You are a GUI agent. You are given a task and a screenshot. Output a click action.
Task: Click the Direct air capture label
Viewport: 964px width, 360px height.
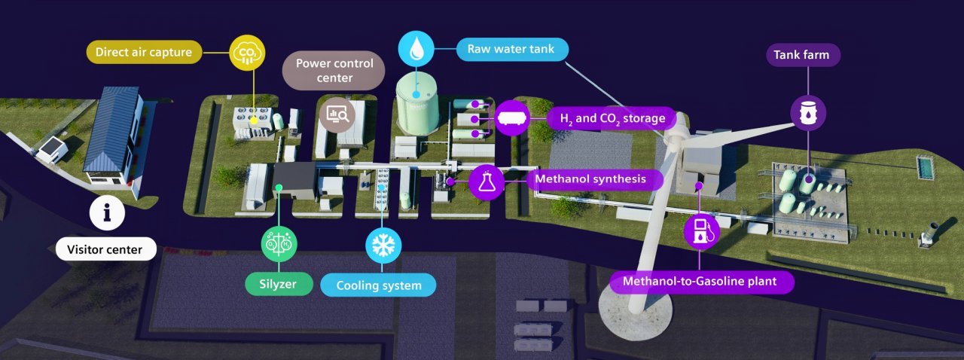tap(144, 52)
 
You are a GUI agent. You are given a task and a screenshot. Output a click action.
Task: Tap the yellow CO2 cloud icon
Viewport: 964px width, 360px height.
tap(247, 53)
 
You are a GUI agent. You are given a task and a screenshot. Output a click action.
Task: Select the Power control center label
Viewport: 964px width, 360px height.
tap(334, 71)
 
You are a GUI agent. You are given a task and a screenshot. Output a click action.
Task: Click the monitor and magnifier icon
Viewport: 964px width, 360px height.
tap(337, 115)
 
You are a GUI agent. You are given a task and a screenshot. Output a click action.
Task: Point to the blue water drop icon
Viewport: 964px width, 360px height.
tap(416, 49)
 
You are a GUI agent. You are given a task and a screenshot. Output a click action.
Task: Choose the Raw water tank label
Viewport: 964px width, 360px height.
tap(511, 49)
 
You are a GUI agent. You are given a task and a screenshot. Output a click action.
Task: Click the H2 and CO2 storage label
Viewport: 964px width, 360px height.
tap(612, 118)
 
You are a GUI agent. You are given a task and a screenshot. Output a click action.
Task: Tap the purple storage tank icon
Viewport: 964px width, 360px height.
tap(512, 118)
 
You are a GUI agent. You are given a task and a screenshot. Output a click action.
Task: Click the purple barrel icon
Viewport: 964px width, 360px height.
tap(808, 114)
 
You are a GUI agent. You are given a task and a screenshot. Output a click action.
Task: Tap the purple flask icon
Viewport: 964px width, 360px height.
tap(487, 182)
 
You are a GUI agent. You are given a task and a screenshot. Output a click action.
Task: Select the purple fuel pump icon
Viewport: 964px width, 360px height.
tap(701, 232)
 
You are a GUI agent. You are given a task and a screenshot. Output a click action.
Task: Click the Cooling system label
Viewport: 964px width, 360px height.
tap(378, 285)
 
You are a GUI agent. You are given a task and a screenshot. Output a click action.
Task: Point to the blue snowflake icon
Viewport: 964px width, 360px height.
tap(383, 246)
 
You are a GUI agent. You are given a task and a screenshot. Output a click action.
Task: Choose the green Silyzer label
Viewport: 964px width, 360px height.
tap(279, 284)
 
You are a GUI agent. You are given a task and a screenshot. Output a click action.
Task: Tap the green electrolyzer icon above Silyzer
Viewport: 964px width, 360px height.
tap(279, 244)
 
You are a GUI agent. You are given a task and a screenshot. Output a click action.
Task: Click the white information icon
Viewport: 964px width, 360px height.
tap(107, 212)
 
